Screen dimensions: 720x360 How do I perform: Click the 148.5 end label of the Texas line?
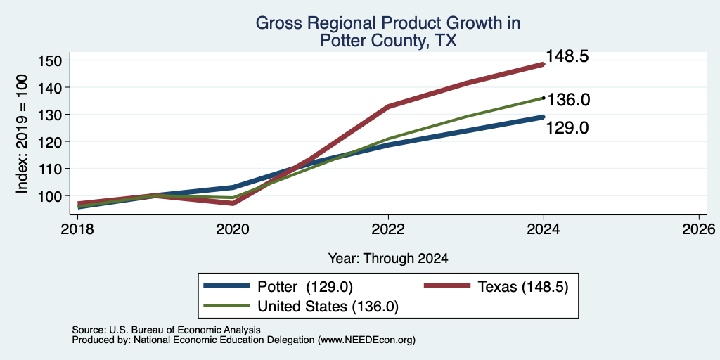[x=567, y=56]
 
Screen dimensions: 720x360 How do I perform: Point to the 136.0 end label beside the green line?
[x=568, y=100]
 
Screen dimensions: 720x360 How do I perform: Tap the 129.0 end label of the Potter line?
[x=567, y=128]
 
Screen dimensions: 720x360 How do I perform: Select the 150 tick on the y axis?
[x=47, y=60]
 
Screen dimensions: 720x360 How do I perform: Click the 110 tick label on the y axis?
[x=47, y=169]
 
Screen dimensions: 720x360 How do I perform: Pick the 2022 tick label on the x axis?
[x=388, y=229]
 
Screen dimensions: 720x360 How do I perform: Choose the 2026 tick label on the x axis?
[x=699, y=229]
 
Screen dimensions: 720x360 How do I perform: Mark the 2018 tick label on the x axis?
[x=77, y=229]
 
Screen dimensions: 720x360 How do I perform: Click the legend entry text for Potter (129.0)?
[x=305, y=287]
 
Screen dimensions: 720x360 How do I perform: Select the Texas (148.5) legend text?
[x=523, y=287]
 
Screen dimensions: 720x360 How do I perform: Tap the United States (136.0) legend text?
[x=328, y=307]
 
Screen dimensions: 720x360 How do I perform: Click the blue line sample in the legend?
[x=227, y=286]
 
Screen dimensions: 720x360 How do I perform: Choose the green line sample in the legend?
[x=227, y=305]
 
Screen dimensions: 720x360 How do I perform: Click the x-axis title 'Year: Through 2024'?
[x=388, y=259]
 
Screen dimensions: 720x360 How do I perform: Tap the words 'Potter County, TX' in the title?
[x=388, y=41]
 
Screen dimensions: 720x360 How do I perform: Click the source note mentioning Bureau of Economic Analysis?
[x=166, y=330]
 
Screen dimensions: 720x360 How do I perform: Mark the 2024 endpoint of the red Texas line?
[x=544, y=65]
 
